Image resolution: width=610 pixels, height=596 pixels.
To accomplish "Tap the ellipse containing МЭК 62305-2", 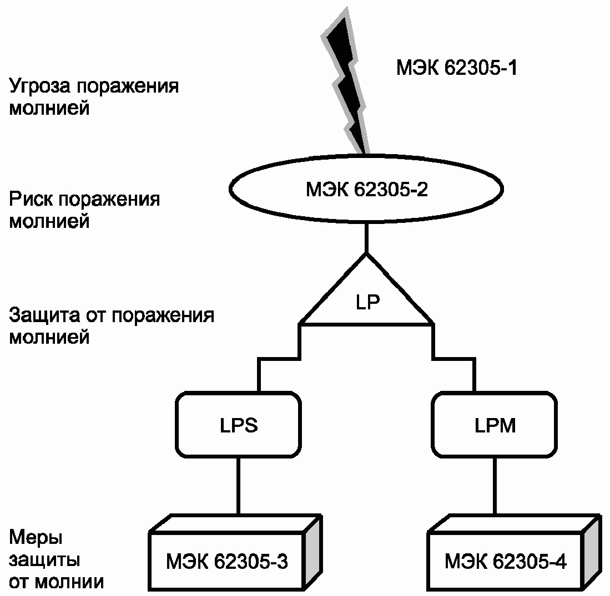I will [366, 191].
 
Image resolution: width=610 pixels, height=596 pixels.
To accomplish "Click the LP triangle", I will [366, 299].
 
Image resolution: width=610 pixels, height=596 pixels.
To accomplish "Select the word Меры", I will [34, 538].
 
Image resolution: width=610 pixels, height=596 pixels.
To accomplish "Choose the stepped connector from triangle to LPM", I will [454, 359].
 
